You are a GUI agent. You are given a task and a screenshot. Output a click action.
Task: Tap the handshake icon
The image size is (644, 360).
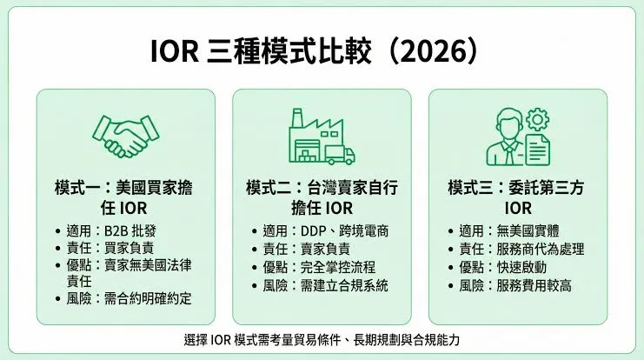126,137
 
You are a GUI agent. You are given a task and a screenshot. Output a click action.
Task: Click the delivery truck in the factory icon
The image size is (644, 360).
340,156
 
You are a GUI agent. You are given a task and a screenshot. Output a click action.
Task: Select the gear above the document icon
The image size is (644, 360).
537,120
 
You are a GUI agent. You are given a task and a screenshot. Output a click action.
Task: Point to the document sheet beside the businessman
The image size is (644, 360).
537,150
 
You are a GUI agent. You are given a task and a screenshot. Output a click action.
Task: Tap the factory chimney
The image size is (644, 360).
297,118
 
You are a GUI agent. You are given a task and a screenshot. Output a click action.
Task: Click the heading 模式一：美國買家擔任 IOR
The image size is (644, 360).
123,197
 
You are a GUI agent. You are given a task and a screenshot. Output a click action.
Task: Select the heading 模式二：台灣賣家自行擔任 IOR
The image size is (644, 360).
322,197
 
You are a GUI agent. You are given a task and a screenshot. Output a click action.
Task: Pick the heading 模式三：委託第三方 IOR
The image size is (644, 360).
516,197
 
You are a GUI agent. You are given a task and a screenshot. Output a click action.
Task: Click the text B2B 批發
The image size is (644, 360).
130,231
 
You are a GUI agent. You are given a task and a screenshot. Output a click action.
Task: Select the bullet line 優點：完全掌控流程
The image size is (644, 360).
319,268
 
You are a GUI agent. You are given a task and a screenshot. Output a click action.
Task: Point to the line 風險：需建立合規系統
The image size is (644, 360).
325,285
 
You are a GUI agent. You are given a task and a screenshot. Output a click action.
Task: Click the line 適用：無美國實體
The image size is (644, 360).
509,231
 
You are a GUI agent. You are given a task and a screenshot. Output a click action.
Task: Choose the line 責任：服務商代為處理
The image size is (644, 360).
521,249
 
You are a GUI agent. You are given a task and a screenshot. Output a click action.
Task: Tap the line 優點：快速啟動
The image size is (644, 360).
502,268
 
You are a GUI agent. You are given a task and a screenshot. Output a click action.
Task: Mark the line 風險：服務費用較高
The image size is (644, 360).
515,285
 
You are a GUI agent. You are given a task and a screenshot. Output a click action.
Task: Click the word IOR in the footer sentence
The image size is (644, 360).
220,340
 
